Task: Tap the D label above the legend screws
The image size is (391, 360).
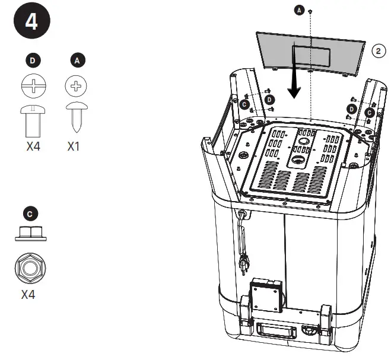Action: (x=32, y=60)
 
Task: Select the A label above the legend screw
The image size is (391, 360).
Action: (x=75, y=60)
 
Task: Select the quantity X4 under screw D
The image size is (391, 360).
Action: (x=33, y=146)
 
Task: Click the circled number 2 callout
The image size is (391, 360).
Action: (x=378, y=51)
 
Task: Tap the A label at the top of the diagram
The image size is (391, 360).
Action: (x=299, y=10)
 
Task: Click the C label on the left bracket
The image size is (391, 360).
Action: (x=244, y=103)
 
